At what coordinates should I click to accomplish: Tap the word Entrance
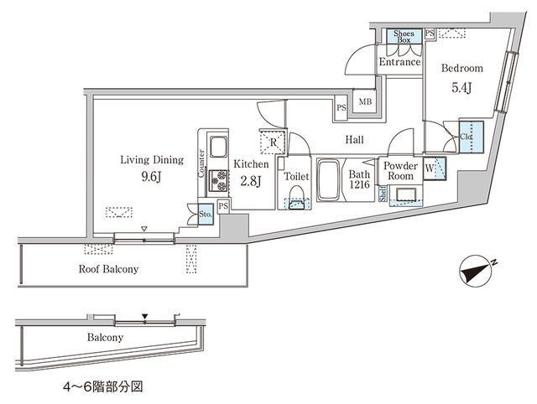(x=398, y=63)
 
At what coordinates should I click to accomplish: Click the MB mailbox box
(x=366, y=101)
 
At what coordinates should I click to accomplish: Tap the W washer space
(x=430, y=167)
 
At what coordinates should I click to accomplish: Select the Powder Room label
(x=399, y=170)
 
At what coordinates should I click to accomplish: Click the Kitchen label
(x=251, y=164)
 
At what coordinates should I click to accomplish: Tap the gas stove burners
(x=221, y=179)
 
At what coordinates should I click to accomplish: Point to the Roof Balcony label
(x=108, y=269)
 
